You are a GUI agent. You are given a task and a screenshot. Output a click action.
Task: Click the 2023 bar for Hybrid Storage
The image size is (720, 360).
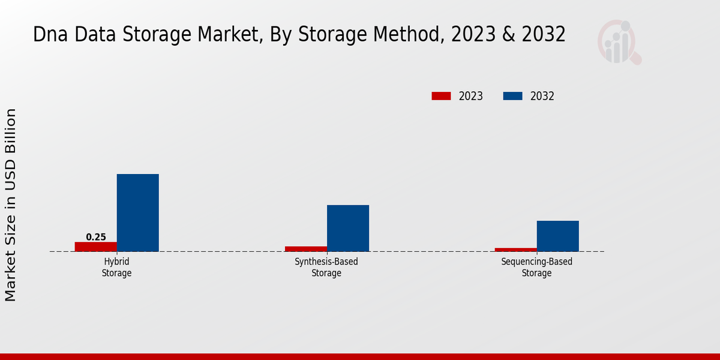pyautogui.click(x=95, y=247)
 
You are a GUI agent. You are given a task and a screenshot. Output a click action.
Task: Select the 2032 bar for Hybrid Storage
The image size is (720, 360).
pyautogui.click(x=137, y=212)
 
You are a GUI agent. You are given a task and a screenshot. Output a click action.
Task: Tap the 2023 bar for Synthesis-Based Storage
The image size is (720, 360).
pyautogui.click(x=305, y=248)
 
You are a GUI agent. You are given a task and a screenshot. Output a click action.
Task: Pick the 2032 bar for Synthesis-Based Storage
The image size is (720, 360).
pyautogui.click(x=347, y=228)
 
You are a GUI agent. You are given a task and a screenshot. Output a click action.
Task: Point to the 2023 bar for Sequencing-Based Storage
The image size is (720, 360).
pyautogui.click(x=515, y=250)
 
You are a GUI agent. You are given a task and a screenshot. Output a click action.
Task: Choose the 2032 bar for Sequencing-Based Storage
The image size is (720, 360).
pyautogui.click(x=557, y=236)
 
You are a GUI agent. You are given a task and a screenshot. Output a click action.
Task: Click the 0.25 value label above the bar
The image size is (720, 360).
pyautogui.click(x=96, y=237)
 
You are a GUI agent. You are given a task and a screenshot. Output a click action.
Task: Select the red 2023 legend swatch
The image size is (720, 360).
pyautogui.click(x=441, y=96)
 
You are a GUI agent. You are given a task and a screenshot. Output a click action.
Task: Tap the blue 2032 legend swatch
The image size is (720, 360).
pyautogui.click(x=512, y=96)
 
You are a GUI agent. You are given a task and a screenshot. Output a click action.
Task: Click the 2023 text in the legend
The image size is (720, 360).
pyautogui.click(x=471, y=96)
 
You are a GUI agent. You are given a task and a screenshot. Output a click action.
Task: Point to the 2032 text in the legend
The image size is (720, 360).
pyautogui.click(x=542, y=96)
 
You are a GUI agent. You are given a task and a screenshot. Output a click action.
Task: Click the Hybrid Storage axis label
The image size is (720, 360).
pyautogui.click(x=116, y=268)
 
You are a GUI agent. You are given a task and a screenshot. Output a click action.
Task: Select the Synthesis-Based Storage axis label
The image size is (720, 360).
pyautogui.click(x=326, y=268)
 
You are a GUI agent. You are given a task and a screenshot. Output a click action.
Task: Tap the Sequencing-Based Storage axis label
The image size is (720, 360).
pyautogui.click(x=536, y=268)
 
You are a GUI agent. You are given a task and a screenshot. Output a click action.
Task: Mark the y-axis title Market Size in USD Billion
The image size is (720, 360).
pyautogui.click(x=11, y=205)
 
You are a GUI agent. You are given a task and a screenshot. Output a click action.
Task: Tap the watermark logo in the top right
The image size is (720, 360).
pyautogui.click(x=619, y=42)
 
